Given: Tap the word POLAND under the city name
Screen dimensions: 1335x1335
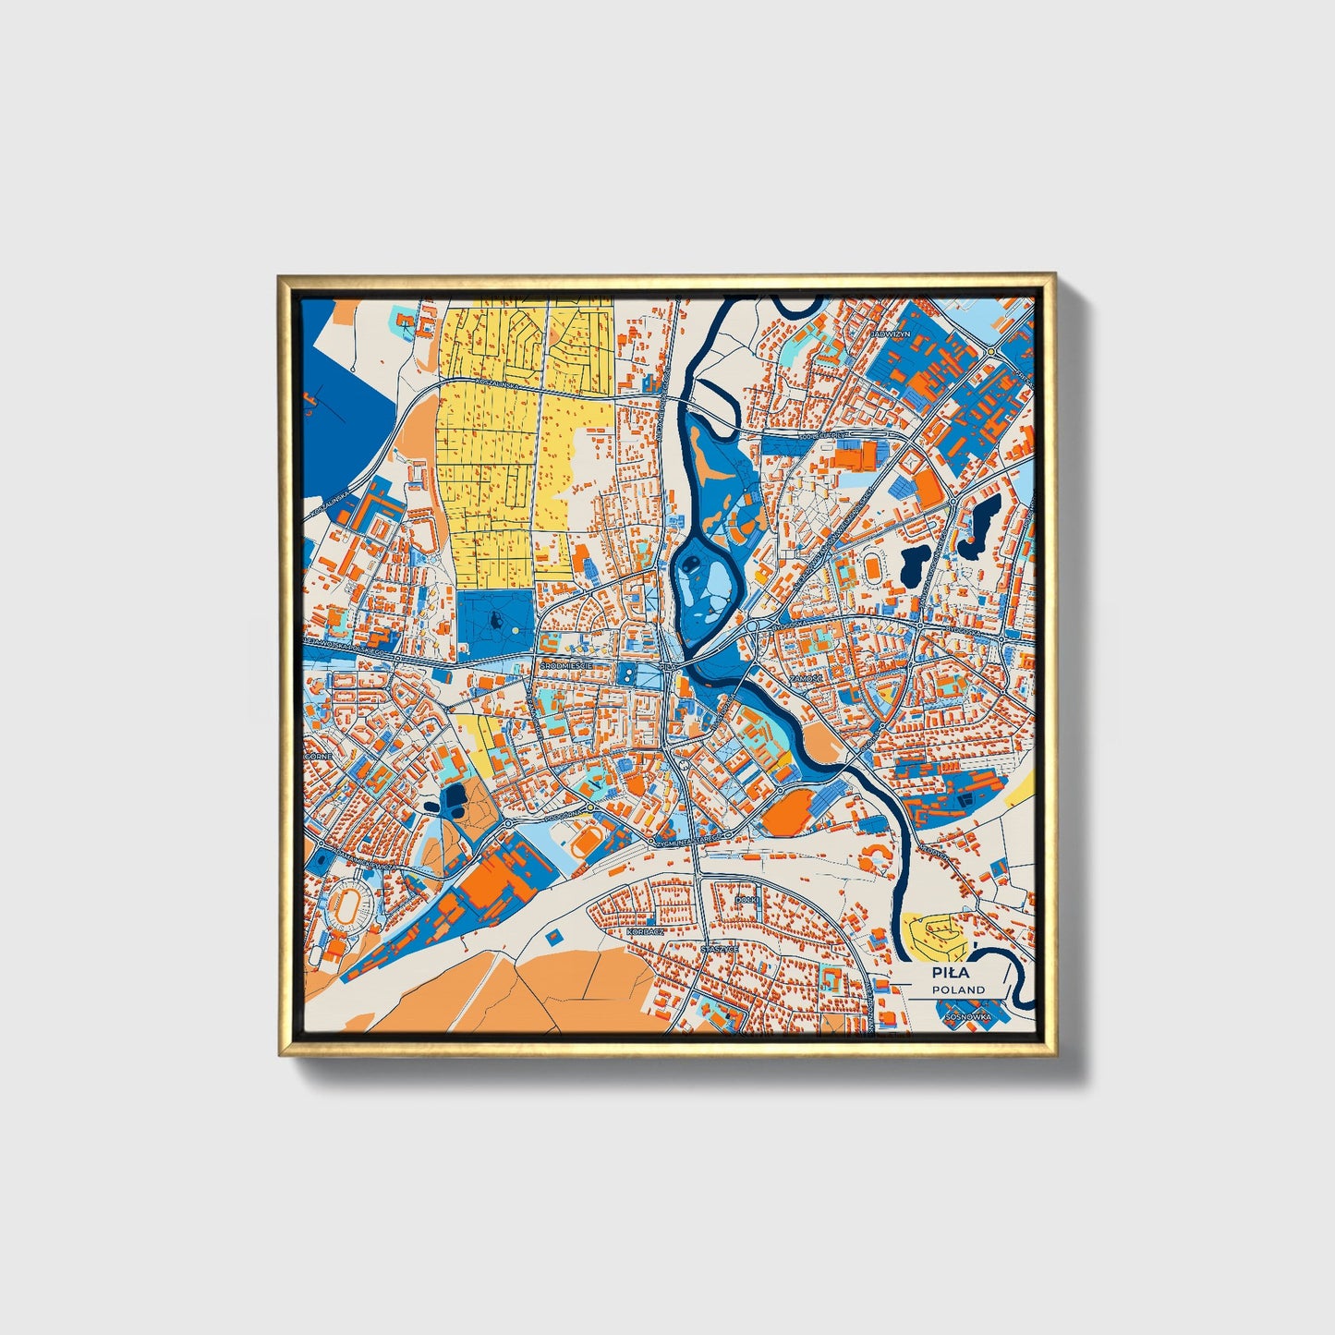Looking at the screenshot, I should pyautogui.click(x=958, y=989).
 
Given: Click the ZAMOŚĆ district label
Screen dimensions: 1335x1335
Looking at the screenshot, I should pyautogui.click(x=804, y=677).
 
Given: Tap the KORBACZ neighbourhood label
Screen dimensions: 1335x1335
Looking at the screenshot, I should pyautogui.click(x=645, y=933).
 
